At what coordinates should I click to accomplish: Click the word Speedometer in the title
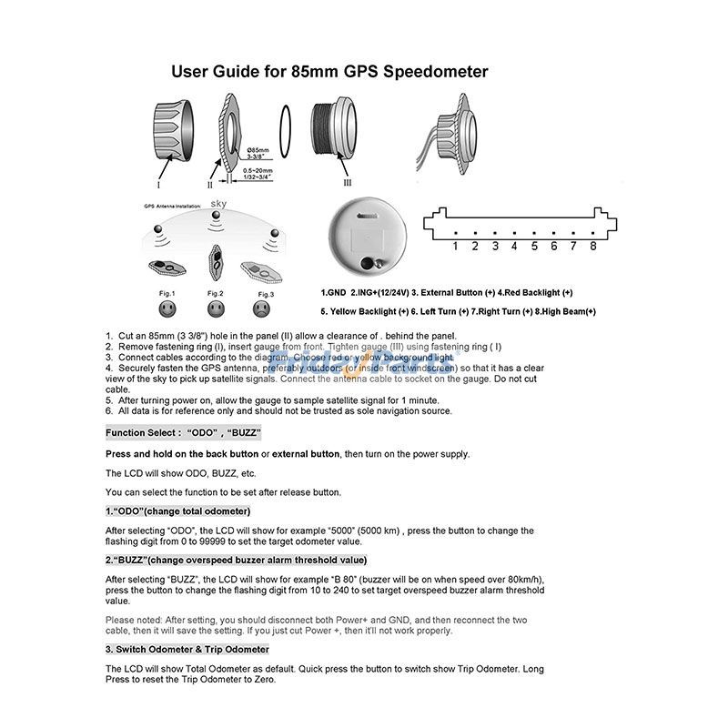pyautogui.click(x=430, y=71)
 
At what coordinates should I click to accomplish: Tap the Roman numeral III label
pyautogui.click(x=348, y=182)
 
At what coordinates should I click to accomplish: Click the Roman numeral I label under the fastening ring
pyautogui.click(x=158, y=184)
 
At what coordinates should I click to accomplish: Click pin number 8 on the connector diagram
pyautogui.click(x=592, y=246)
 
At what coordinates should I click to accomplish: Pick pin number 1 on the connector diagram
pyautogui.click(x=455, y=246)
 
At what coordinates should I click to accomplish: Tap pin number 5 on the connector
pyautogui.click(x=534, y=246)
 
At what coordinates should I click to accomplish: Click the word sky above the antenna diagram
pyautogui.click(x=218, y=204)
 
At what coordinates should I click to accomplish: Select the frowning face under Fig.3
pyautogui.click(x=265, y=309)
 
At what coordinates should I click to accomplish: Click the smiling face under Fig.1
pyautogui.click(x=167, y=309)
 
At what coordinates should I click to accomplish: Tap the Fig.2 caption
pyautogui.click(x=216, y=293)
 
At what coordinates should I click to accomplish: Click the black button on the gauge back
pyautogui.click(x=370, y=263)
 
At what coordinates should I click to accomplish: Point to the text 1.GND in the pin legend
pyautogui.click(x=334, y=293)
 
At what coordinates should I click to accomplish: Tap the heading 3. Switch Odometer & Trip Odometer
pyautogui.click(x=187, y=649)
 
